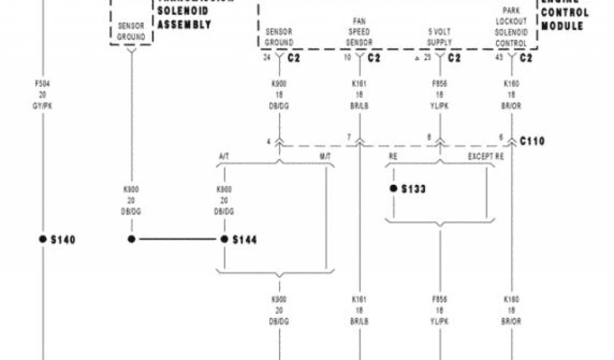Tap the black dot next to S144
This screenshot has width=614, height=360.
click(224, 239)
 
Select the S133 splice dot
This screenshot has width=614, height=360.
click(393, 188)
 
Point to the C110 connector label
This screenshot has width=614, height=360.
click(533, 142)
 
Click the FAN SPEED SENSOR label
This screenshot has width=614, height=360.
click(360, 32)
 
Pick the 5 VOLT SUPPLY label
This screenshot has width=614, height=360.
click(440, 36)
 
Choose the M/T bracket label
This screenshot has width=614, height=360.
click(326, 158)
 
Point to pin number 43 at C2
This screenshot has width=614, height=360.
click(499, 58)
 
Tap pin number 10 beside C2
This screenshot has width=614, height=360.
click(347, 58)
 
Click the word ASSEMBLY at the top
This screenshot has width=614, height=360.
click(184, 25)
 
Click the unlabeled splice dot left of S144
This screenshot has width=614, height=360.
click(131, 239)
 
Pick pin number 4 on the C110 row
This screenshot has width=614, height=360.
click(269, 142)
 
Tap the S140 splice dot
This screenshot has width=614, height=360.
click(43, 239)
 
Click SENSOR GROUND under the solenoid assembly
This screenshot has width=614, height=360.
click(131, 32)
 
